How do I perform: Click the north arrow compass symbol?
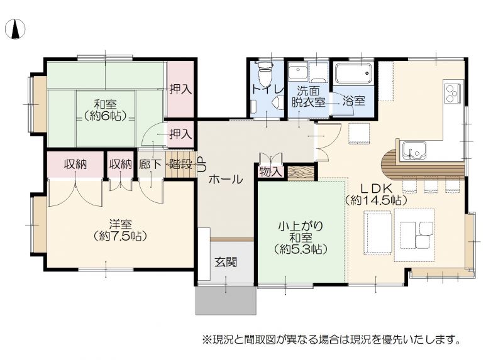[x=15, y=29]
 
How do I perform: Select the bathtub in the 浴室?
[x=353, y=72]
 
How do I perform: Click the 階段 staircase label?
[x=180, y=165]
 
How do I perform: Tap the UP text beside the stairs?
[x=201, y=165]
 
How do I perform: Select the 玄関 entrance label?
[x=226, y=262]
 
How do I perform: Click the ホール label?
[x=226, y=179]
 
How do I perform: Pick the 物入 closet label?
[x=270, y=172]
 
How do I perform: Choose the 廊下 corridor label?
[x=150, y=165]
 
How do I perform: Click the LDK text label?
[x=376, y=188]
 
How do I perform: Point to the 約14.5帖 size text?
[x=376, y=200]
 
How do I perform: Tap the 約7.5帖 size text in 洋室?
[x=120, y=236]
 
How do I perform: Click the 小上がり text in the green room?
[x=301, y=226]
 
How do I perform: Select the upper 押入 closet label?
[x=180, y=89]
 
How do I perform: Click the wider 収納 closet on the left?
[x=75, y=164]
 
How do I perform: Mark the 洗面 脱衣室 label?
[x=308, y=96]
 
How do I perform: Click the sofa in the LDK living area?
[x=378, y=232]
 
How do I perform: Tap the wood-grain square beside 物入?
[x=301, y=173]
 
